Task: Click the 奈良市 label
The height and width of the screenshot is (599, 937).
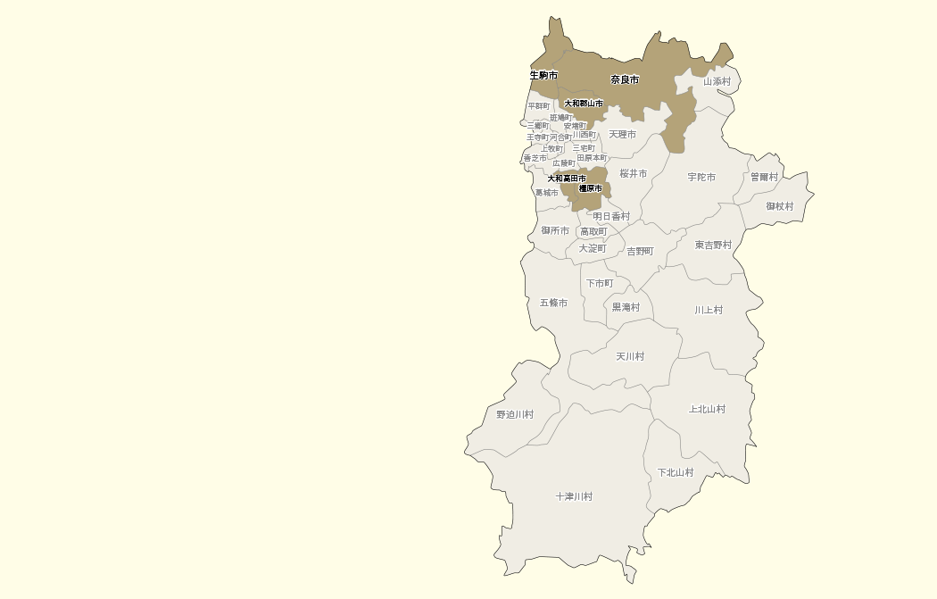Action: click(625, 79)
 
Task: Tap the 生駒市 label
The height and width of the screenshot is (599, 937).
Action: click(543, 75)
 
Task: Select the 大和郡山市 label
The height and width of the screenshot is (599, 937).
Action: click(584, 104)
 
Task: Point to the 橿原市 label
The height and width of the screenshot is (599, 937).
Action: click(590, 188)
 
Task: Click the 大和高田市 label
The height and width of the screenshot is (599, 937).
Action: click(567, 179)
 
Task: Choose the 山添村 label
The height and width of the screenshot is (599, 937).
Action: click(717, 81)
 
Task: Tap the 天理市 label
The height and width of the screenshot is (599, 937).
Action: click(623, 134)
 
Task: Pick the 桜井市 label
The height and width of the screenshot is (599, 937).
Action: click(634, 173)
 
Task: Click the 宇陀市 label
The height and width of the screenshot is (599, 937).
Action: click(701, 177)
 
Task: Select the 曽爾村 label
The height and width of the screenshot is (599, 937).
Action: click(764, 177)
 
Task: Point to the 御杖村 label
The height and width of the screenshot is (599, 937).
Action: click(779, 206)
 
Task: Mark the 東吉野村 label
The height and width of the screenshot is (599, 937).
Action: click(713, 245)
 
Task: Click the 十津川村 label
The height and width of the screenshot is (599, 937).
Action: click(574, 496)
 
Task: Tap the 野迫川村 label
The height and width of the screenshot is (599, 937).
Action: click(515, 414)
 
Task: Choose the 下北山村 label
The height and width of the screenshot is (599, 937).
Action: click(676, 472)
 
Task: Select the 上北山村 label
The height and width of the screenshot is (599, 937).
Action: click(707, 409)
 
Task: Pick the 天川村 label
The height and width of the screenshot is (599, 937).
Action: click(630, 356)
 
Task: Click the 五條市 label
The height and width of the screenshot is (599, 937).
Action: click(553, 303)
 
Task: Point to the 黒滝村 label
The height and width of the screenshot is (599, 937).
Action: click(626, 307)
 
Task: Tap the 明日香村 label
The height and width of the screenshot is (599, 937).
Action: click(611, 216)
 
